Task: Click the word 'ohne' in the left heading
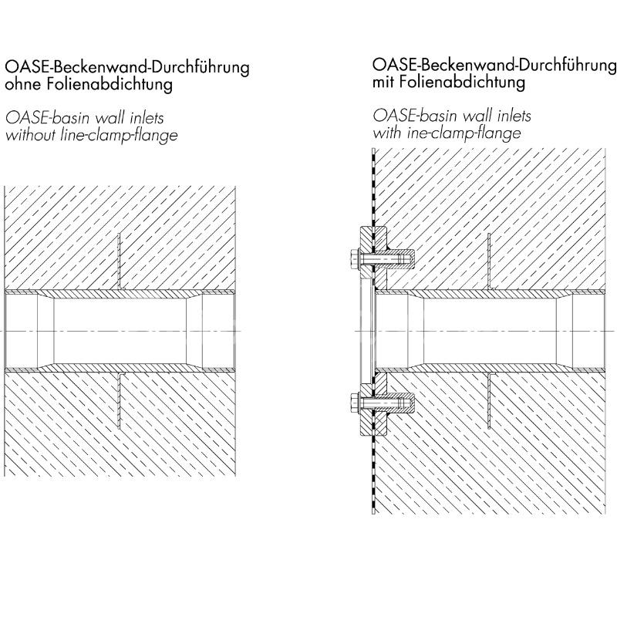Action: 21,84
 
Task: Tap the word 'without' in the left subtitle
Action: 30,135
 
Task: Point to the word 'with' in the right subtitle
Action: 388,133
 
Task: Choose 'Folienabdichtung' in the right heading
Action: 462,83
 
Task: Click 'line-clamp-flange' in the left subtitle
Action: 120,136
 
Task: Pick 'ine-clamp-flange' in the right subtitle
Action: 464,133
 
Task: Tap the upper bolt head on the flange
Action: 355,260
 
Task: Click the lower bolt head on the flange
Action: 355,403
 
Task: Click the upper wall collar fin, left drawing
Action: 120,261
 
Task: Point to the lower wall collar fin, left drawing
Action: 120,400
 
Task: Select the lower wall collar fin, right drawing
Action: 490,400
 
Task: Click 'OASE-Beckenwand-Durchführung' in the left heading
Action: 127,68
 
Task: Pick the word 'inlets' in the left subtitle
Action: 146,118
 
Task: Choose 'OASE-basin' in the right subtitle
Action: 416,116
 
